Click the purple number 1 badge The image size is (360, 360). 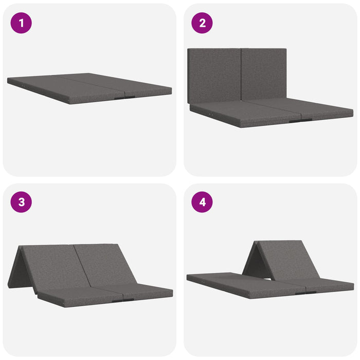(21, 23)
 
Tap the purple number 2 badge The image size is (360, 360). (202, 23)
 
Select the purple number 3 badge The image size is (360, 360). (21, 202)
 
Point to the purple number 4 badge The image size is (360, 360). (202, 202)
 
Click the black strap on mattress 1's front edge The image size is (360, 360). (124, 98)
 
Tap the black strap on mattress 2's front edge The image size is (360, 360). (301, 120)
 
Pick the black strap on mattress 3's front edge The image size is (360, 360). (123, 300)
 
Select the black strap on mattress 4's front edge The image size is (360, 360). (305, 293)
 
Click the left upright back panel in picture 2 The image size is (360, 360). (214, 76)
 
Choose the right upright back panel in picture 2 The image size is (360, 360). (264, 75)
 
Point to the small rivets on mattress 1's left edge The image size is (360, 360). (24, 86)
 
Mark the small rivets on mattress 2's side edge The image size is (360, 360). (210, 114)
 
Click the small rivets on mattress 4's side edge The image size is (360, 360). (203, 282)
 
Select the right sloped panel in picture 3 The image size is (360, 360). (105, 264)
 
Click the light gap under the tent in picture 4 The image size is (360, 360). (267, 279)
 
